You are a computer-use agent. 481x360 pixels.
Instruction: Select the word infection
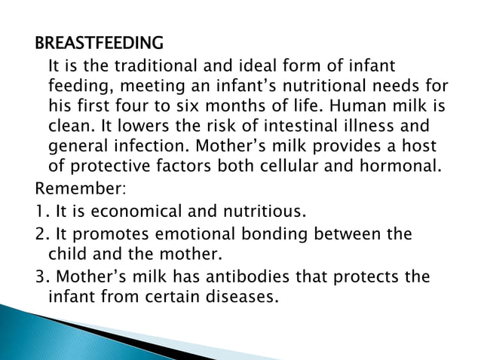pyautogui.click(x=146, y=144)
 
